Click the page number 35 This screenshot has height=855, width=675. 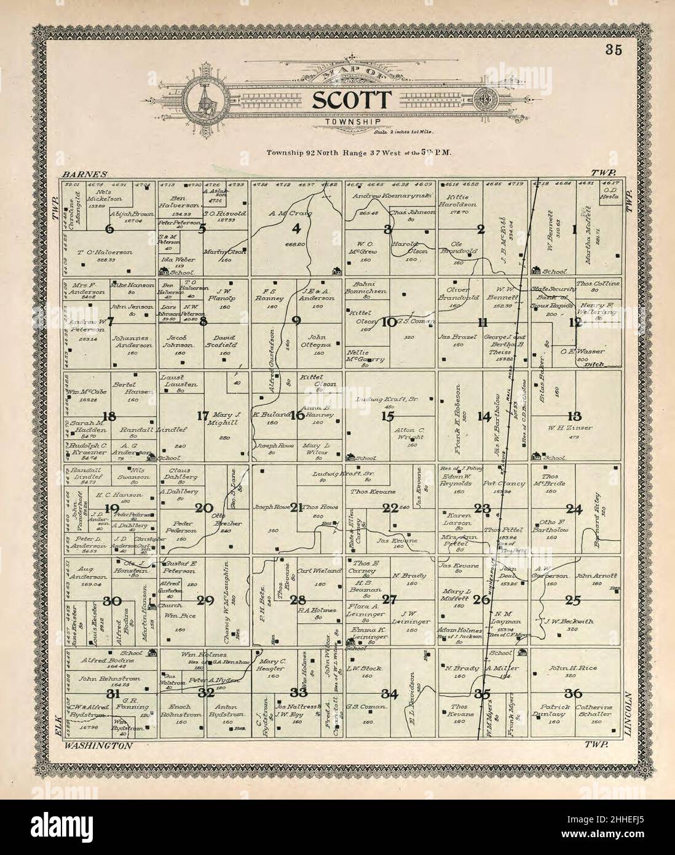(614, 50)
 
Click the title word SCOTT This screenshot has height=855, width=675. (351, 100)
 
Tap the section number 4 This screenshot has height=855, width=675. (297, 229)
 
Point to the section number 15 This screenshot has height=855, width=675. (387, 416)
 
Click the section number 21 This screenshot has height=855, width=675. (296, 507)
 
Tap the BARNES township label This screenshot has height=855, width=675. (84, 174)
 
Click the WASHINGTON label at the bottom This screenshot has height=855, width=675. (98, 746)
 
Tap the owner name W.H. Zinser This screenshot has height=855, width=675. (575, 428)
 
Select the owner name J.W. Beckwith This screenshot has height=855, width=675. (570, 621)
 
